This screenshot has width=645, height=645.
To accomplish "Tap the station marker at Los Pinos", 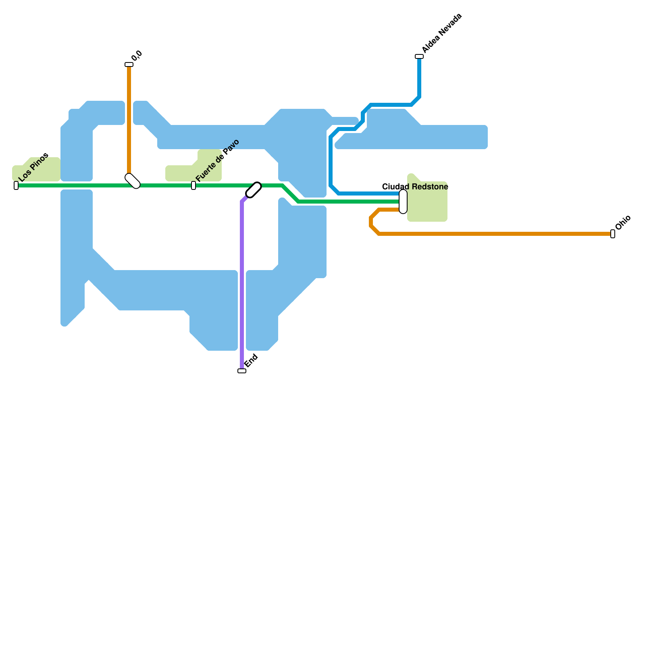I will (16, 185).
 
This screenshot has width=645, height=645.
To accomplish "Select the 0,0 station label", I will (137, 56).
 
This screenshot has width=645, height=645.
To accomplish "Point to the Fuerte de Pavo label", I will (218, 160).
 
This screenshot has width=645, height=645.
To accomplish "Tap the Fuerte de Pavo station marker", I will (193, 185).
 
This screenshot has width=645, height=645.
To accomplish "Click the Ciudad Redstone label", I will (415, 187).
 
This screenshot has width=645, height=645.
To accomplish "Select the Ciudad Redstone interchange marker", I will (403, 202).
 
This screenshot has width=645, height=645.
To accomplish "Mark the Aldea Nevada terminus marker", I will (419, 56).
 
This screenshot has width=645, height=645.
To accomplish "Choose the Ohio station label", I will (623, 223).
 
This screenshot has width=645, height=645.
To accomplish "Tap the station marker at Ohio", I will (613, 234).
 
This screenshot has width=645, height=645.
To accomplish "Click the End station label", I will (251, 360).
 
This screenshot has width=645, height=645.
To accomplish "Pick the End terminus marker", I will (242, 371).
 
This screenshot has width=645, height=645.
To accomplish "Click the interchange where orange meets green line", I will (133, 181).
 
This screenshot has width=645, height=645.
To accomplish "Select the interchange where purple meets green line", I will (254, 190).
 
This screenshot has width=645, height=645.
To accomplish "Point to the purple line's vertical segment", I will (242, 282).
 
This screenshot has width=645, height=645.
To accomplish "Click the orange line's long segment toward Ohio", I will (496, 234).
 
